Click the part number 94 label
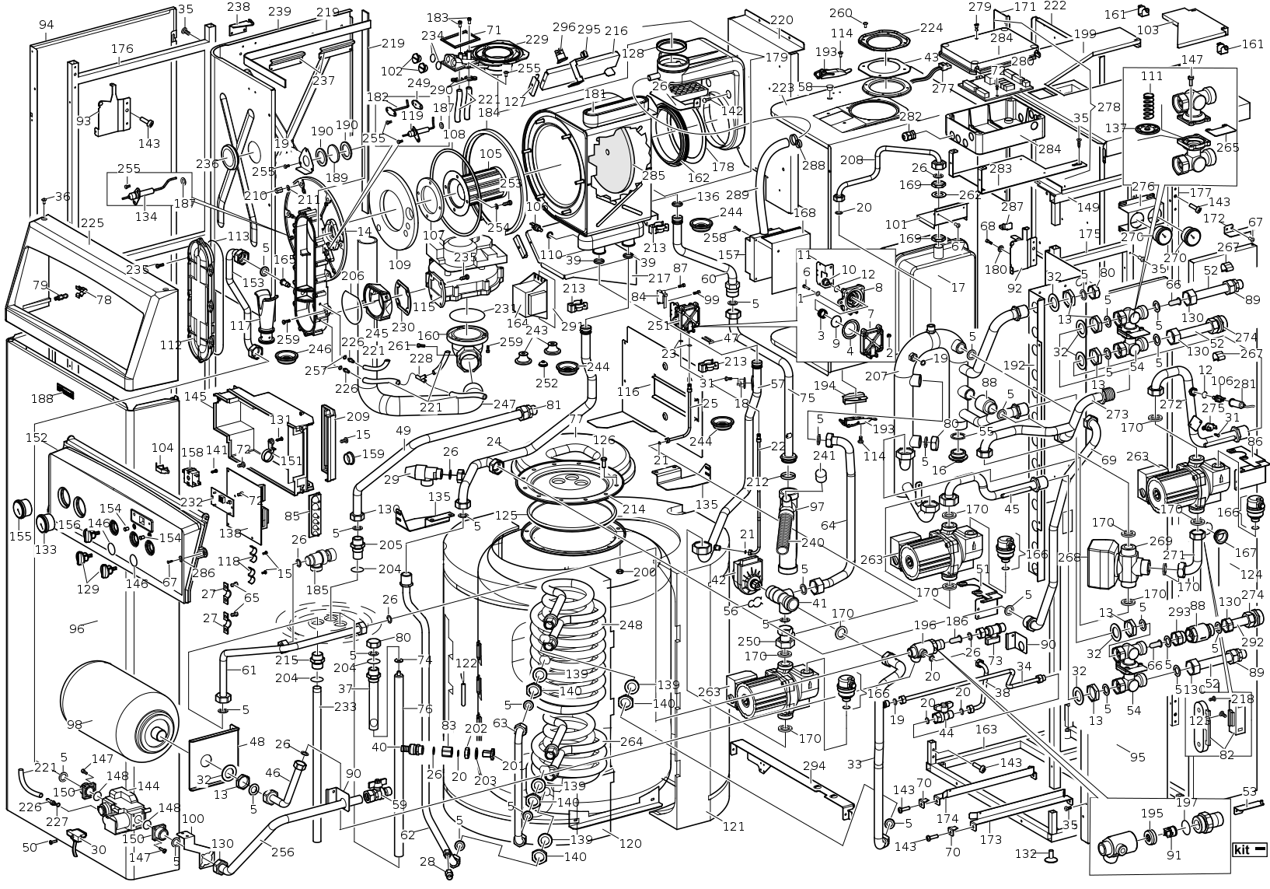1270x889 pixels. (47, 25)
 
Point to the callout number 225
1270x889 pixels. (92, 224)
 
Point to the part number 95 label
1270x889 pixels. (1137, 756)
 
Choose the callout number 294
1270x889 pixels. (814, 767)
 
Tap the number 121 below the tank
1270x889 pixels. (733, 826)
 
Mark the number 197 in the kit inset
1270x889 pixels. (1186, 803)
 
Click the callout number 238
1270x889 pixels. (239, 7)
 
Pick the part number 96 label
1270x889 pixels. (76, 628)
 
